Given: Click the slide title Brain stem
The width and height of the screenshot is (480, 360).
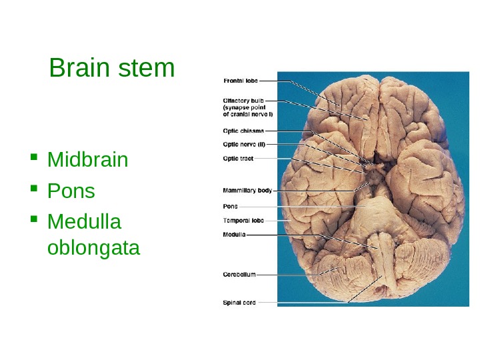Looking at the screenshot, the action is pyautogui.click(x=112, y=68).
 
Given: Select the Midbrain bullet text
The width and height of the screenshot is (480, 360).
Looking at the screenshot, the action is pyautogui.click(x=88, y=161).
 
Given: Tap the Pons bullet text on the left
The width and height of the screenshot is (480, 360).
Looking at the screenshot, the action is pyautogui.click(x=71, y=191).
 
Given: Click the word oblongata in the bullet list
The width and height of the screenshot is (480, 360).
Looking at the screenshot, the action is pyautogui.click(x=94, y=248).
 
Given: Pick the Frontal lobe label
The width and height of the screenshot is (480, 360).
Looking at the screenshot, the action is pyautogui.click(x=239, y=81).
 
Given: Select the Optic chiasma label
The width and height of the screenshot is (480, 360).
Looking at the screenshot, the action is pyautogui.click(x=243, y=131).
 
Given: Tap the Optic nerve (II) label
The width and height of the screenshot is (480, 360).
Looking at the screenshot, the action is pyautogui.click(x=244, y=144).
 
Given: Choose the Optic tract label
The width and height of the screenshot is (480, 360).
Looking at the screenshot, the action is pyautogui.click(x=237, y=158).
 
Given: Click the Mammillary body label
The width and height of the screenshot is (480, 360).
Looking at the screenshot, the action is pyautogui.click(x=247, y=190).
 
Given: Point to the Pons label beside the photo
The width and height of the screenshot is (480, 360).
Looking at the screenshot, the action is pyautogui.click(x=230, y=206).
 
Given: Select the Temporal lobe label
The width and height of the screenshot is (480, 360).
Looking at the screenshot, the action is pyautogui.click(x=243, y=220).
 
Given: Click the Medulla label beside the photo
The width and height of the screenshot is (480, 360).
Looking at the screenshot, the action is pyautogui.click(x=234, y=235).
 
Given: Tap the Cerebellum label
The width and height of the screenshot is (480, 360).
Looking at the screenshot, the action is pyautogui.click(x=239, y=273).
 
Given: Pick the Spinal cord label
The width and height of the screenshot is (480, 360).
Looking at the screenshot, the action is pyautogui.click(x=239, y=303).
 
